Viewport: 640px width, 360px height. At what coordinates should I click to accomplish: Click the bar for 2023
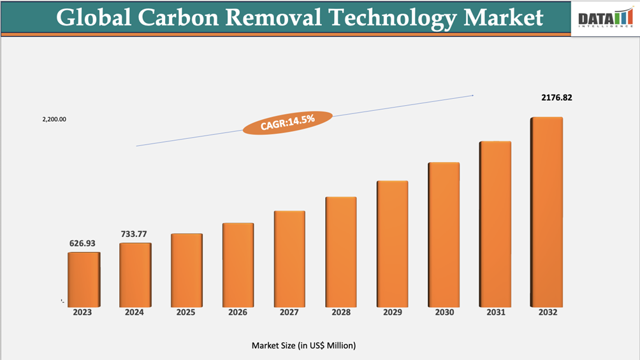pyautogui.click(x=84, y=279)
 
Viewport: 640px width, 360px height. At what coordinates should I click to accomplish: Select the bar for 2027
pyautogui.click(x=289, y=258)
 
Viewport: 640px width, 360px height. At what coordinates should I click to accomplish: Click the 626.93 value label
pyautogui.click(x=83, y=243)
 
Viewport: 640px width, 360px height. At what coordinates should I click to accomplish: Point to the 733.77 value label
pyautogui.click(x=135, y=234)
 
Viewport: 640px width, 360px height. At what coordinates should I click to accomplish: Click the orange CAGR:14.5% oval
pyautogui.click(x=287, y=121)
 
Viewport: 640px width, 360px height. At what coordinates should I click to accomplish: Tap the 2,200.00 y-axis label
pyautogui.click(x=55, y=119)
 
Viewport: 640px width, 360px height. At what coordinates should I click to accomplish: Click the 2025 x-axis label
pyautogui.click(x=186, y=313)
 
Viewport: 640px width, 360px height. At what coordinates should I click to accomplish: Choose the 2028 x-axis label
pyautogui.click(x=341, y=313)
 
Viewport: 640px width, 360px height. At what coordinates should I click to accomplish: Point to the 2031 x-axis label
pyautogui.click(x=496, y=313)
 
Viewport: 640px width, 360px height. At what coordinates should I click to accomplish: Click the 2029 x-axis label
pyautogui.click(x=393, y=313)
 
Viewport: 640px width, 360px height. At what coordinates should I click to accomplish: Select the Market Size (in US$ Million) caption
pyautogui.click(x=303, y=345)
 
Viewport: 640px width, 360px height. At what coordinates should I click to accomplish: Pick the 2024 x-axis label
pyautogui.click(x=135, y=313)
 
